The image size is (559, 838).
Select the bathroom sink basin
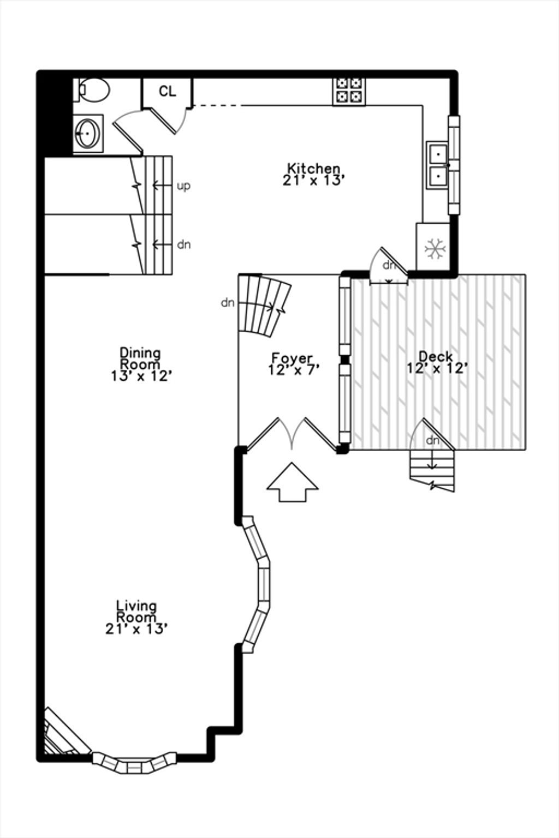[87, 133]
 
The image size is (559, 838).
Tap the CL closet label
[168, 91]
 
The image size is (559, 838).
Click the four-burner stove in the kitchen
[349, 91]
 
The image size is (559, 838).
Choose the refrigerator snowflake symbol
[435, 248]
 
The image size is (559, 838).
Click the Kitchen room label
[314, 175]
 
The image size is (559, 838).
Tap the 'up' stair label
[183, 186]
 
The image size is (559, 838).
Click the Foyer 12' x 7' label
[293, 364]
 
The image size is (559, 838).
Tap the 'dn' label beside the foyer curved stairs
[227, 303]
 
